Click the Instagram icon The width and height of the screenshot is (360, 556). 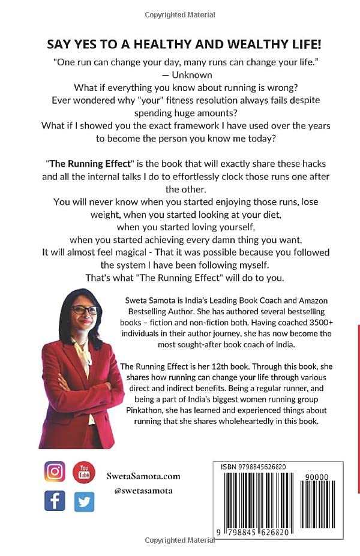[x=55, y=472]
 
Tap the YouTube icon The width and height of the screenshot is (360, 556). [x=84, y=472]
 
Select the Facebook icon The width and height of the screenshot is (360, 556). [x=55, y=500]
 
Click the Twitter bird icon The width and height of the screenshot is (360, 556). [x=84, y=501]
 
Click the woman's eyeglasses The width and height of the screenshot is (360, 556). [x=84, y=310]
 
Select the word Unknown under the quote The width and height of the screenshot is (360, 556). [x=191, y=75]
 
